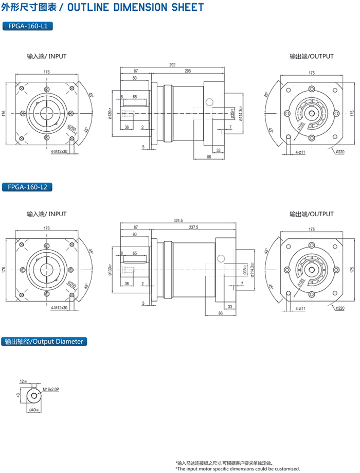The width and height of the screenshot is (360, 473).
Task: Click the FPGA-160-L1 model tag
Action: tap(28, 26)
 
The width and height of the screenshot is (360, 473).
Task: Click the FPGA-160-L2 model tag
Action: tap(28, 187)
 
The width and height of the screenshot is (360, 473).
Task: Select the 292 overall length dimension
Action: tap(172, 65)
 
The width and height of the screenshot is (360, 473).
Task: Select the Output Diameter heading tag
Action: tap(43, 341)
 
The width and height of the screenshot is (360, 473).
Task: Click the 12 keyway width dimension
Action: tap(23, 381)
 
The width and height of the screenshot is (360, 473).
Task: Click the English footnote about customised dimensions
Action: tap(237, 469)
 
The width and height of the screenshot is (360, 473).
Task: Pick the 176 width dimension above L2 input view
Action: tap(47, 228)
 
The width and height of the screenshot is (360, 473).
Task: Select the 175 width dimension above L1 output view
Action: tap(312, 73)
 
